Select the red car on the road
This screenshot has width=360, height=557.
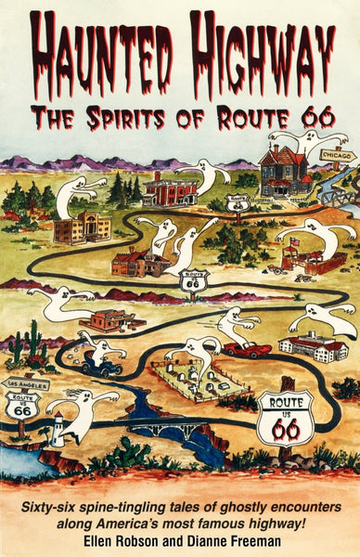(247, 349)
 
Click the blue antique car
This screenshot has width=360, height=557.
(99, 366)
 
